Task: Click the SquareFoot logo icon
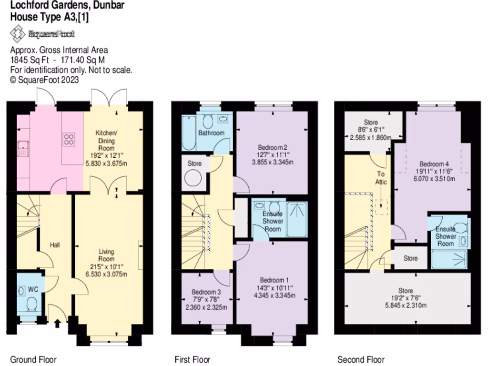click(x=18, y=34)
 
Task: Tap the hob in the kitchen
click(x=69, y=140)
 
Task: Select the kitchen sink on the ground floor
click(x=22, y=149)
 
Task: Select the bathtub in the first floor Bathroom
click(x=188, y=133)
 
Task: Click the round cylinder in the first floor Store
click(x=194, y=178)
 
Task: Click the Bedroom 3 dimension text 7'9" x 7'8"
click(x=205, y=299)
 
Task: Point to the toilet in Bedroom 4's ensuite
click(x=459, y=226)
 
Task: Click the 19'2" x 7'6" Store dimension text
click(x=407, y=298)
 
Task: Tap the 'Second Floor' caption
click(x=361, y=360)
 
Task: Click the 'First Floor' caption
click(x=192, y=360)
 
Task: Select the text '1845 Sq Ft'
click(x=28, y=60)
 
